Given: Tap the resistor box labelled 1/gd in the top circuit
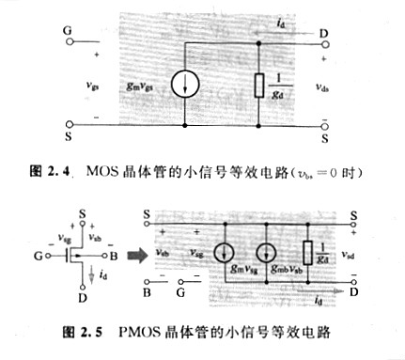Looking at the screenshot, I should coord(258,84).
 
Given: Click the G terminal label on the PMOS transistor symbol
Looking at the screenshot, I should coord(35,255).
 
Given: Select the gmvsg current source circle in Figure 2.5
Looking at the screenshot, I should coord(226,252).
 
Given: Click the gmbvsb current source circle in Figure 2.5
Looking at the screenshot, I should coord(267,252).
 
